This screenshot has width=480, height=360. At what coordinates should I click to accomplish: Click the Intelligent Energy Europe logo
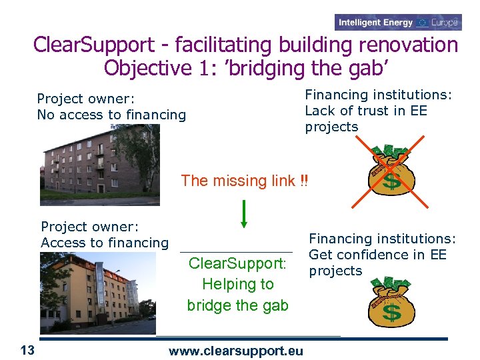point(398,23)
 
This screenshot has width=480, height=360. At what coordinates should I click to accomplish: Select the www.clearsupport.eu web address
point(236,351)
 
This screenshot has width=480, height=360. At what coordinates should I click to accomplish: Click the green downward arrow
point(245,213)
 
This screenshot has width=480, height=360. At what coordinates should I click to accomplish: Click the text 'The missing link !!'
point(245,181)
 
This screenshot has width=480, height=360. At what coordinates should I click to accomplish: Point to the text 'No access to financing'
point(111,115)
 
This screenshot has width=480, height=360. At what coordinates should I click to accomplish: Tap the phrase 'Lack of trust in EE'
point(365,111)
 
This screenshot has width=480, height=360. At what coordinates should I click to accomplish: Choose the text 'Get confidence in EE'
point(377,255)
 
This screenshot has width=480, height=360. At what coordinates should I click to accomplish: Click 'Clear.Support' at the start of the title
point(93,45)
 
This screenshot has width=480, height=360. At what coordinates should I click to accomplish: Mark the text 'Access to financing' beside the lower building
point(105,243)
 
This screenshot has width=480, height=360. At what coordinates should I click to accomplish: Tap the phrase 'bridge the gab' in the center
point(237,305)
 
